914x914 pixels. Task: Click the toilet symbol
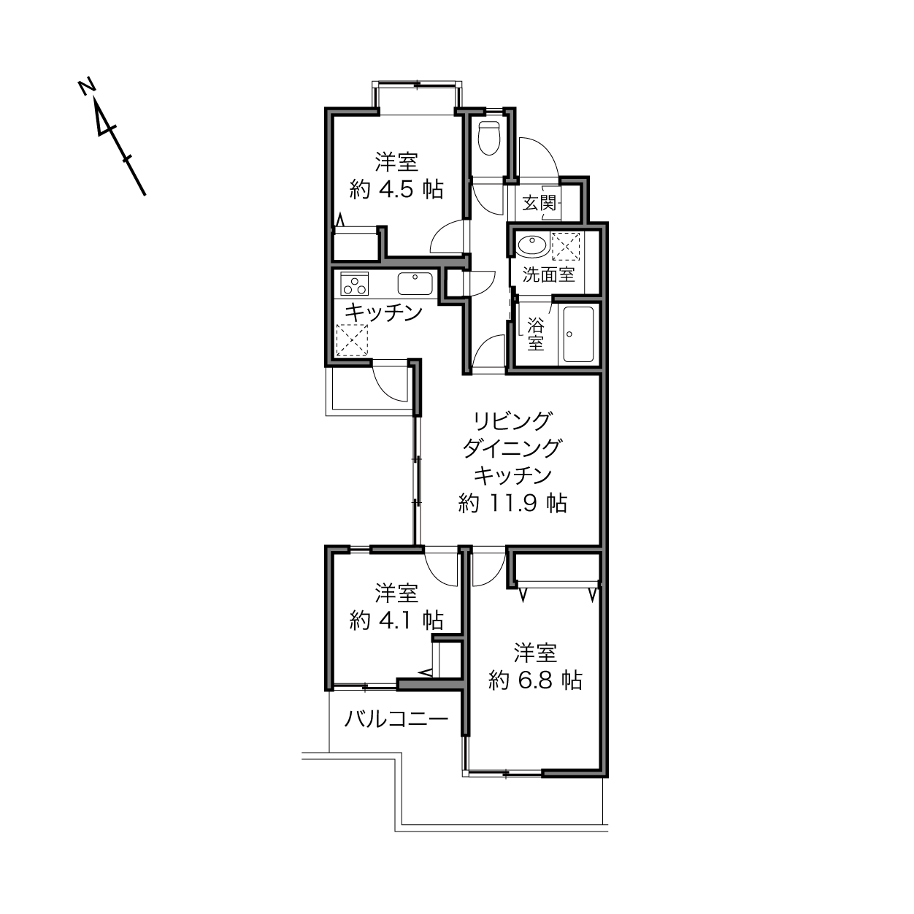pyautogui.click(x=489, y=138)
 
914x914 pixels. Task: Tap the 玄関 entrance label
pyautogui.click(x=539, y=204)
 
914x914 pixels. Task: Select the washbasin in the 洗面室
pyautogui.click(x=533, y=246)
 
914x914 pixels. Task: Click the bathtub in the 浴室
pyautogui.click(x=577, y=334)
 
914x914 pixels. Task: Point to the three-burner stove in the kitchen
pyautogui.click(x=354, y=284)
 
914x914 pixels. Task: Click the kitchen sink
pyautogui.click(x=415, y=284)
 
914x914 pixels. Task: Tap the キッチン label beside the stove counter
pyautogui.click(x=383, y=312)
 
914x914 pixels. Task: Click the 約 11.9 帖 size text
pyautogui.click(x=512, y=503)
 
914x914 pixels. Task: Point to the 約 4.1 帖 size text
pyautogui.click(x=396, y=620)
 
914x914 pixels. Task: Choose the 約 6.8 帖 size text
pyautogui.click(x=536, y=681)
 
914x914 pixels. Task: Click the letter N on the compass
pyautogui.click(x=86, y=88)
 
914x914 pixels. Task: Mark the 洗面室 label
pyautogui.click(x=549, y=274)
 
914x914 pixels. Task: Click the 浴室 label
pyautogui.click(x=536, y=334)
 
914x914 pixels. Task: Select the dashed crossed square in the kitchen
pyautogui.click(x=352, y=340)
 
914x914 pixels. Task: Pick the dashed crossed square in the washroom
pyautogui.click(x=566, y=246)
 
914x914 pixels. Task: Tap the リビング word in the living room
pyautogui.click(x=512, y=420)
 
